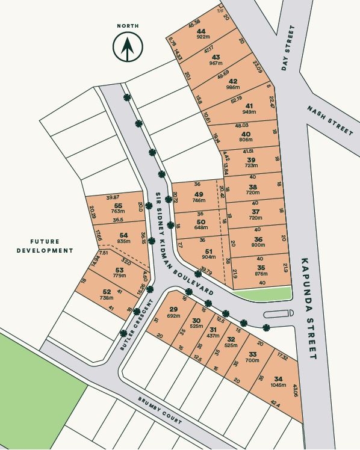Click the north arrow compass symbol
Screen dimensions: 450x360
(128, 47)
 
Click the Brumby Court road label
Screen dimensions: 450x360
(159, 411)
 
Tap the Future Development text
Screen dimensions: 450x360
(45, 246)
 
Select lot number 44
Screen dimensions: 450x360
(200, 31)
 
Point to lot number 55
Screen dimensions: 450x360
(117, 206)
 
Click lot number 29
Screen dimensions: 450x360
(173, 309)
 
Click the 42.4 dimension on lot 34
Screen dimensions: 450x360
(275, 404)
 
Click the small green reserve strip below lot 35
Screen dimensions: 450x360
(264, 293)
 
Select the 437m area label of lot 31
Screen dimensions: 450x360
(213, 336)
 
